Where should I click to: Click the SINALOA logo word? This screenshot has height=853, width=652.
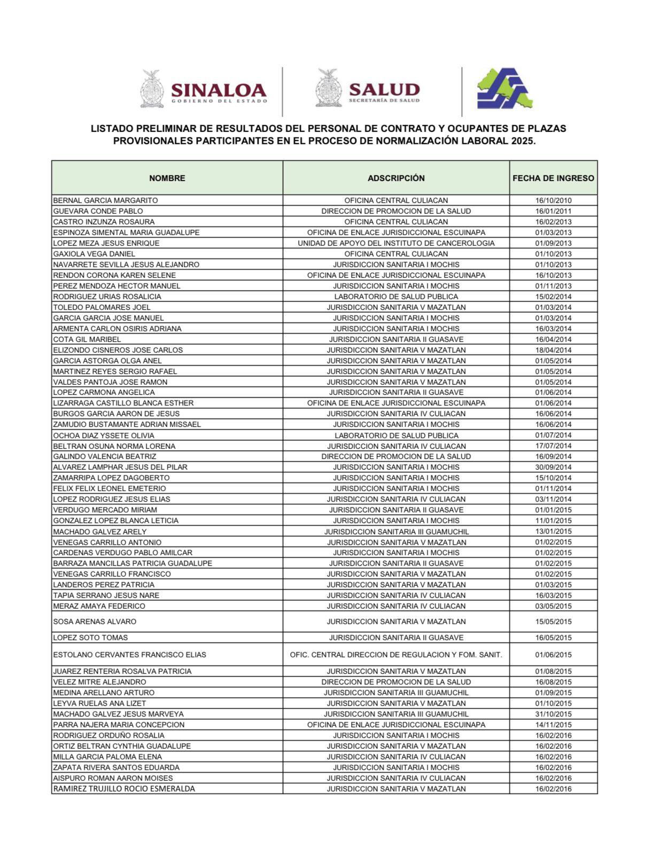pyautogui.click(x=218, y=89)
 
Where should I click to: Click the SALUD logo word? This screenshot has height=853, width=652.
pyautogui.click(x=384, y=89)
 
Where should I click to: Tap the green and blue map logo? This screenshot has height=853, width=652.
pyautogui.click(x=504, y=89)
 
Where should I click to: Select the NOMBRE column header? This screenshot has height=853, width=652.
pyautogui.click(x=167, y=178)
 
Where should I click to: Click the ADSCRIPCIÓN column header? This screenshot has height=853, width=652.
pyautogui.click(x=396, y=178)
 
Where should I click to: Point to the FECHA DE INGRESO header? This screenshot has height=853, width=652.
pyautogui.click(x=553, y=178)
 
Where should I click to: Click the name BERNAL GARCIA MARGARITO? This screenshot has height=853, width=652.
pyautogui.click(x=105, y=200)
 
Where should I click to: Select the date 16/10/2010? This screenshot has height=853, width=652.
pyautogui.click(x=553, y=200)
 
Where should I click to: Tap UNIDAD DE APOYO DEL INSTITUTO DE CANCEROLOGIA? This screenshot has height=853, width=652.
pyautogui.click(x=396, y=243)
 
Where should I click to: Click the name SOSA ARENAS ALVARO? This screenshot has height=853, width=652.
pyautogui.click(x=95, y=622)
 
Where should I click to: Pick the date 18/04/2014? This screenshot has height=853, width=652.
pyautogui.click(x=553, y=350)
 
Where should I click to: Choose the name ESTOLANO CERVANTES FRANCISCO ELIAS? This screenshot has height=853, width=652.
pyautogui.click(x=129, y=655)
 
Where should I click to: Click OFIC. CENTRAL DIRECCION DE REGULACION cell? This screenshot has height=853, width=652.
pyautogui.click(x=396, y=655)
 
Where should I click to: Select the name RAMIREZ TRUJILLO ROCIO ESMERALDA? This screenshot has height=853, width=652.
pyautogui.click(x=124, y=789)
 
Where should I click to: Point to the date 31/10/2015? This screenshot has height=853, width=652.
pyautogui.click(x=553, y=714)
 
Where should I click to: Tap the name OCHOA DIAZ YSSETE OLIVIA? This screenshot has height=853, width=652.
pyautogui.click(x=104, y=436)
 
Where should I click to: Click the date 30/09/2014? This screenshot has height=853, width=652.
pyautogui.click(x=553, y=467)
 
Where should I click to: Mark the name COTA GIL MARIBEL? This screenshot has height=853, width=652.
pyautogui.click(x=87, y=339)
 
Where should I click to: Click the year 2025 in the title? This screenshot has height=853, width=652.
pyautogui.click(x=522, y=141)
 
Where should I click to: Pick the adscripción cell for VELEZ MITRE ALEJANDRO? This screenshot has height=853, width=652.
pyautogui.click(x=396, y=682)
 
